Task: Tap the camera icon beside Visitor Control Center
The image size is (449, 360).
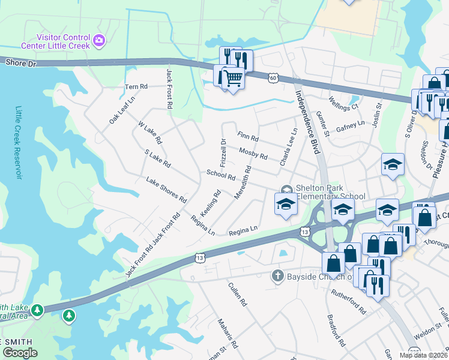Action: tap(99, 41)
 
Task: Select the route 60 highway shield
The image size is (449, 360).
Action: tap(273, 77)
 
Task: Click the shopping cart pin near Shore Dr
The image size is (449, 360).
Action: tap(233, 77)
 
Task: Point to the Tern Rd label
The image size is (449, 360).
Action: tap(136, 87)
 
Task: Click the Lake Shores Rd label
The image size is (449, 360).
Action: tap(166, 190)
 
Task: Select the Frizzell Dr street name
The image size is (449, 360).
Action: tap(223, 153)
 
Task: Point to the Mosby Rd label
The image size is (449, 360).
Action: tap(253, 153)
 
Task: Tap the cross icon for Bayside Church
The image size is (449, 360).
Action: tap(277, 275)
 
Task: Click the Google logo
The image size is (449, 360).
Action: tap(20, 353)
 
